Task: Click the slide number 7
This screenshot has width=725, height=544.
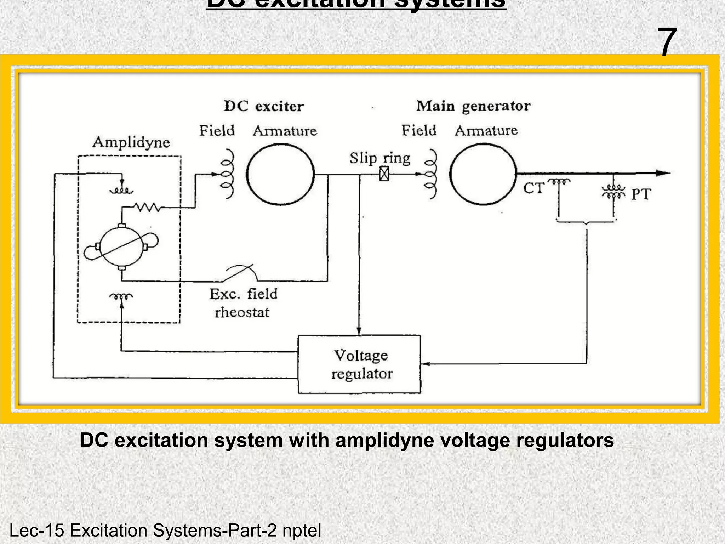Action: point(667,42)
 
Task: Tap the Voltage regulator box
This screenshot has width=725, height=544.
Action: point(359,364)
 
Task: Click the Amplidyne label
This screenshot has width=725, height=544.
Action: point(131,142)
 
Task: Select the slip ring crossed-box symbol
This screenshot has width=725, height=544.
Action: point(384,174)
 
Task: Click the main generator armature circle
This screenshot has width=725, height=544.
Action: point(483,174)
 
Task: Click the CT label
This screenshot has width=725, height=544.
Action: point(533,188)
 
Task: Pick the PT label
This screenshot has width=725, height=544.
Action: point(641,194)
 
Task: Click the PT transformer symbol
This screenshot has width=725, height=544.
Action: point(613,192)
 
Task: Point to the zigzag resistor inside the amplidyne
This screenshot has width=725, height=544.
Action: point(147,207)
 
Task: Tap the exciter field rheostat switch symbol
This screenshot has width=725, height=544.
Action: point(241,273)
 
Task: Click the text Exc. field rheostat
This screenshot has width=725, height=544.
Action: point(243,303)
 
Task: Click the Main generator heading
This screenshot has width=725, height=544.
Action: point(473,106)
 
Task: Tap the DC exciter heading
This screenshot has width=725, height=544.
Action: point(264,106)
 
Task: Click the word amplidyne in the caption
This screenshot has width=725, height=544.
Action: point(384,441)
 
